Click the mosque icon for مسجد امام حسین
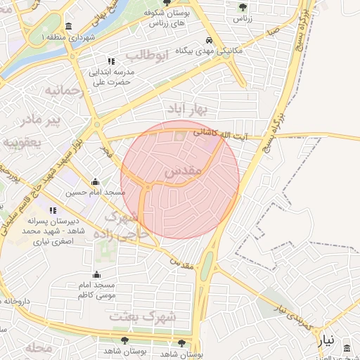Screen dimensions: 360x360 click(x=96, y=182)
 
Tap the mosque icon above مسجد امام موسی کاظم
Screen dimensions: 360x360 click(x=96, y=274)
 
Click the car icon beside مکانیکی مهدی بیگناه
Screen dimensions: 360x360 click(x=209, y=40)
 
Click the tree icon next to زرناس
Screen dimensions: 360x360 click(x=243, y=7)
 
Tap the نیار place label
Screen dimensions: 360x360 click(x=326, y=342)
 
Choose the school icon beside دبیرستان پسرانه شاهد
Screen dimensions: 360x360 click(x=53, y=210)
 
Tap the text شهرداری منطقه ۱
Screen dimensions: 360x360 click(x=67, y=37)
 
